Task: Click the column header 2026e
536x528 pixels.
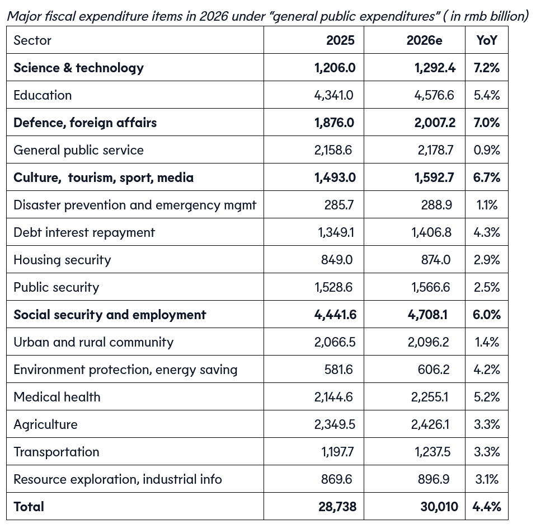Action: pos(424,40)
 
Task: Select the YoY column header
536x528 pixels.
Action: pos(486,40)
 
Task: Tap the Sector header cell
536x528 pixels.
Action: pos(32,40)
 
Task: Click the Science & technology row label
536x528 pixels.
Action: pos(78,68)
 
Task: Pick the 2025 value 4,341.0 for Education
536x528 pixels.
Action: pos(334,95)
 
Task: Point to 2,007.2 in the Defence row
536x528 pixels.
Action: pos(435,123)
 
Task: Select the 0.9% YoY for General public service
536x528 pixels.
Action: pos(486,150)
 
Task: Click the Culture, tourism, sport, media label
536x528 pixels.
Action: pos(104,177)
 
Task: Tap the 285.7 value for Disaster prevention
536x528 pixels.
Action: pos(339,205)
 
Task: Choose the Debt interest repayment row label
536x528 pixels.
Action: pos(84,232)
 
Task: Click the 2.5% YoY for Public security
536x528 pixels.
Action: pos(486,287)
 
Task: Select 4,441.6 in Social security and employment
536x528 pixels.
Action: pos(335,315)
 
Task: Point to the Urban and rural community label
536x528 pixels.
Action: pos(93,342)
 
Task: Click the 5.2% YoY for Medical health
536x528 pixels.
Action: pos(486,397)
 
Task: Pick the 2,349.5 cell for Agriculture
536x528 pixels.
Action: pos(335,424)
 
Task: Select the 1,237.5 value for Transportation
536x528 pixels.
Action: pos(432,452)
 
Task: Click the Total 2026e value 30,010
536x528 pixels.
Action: pos(439,507)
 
